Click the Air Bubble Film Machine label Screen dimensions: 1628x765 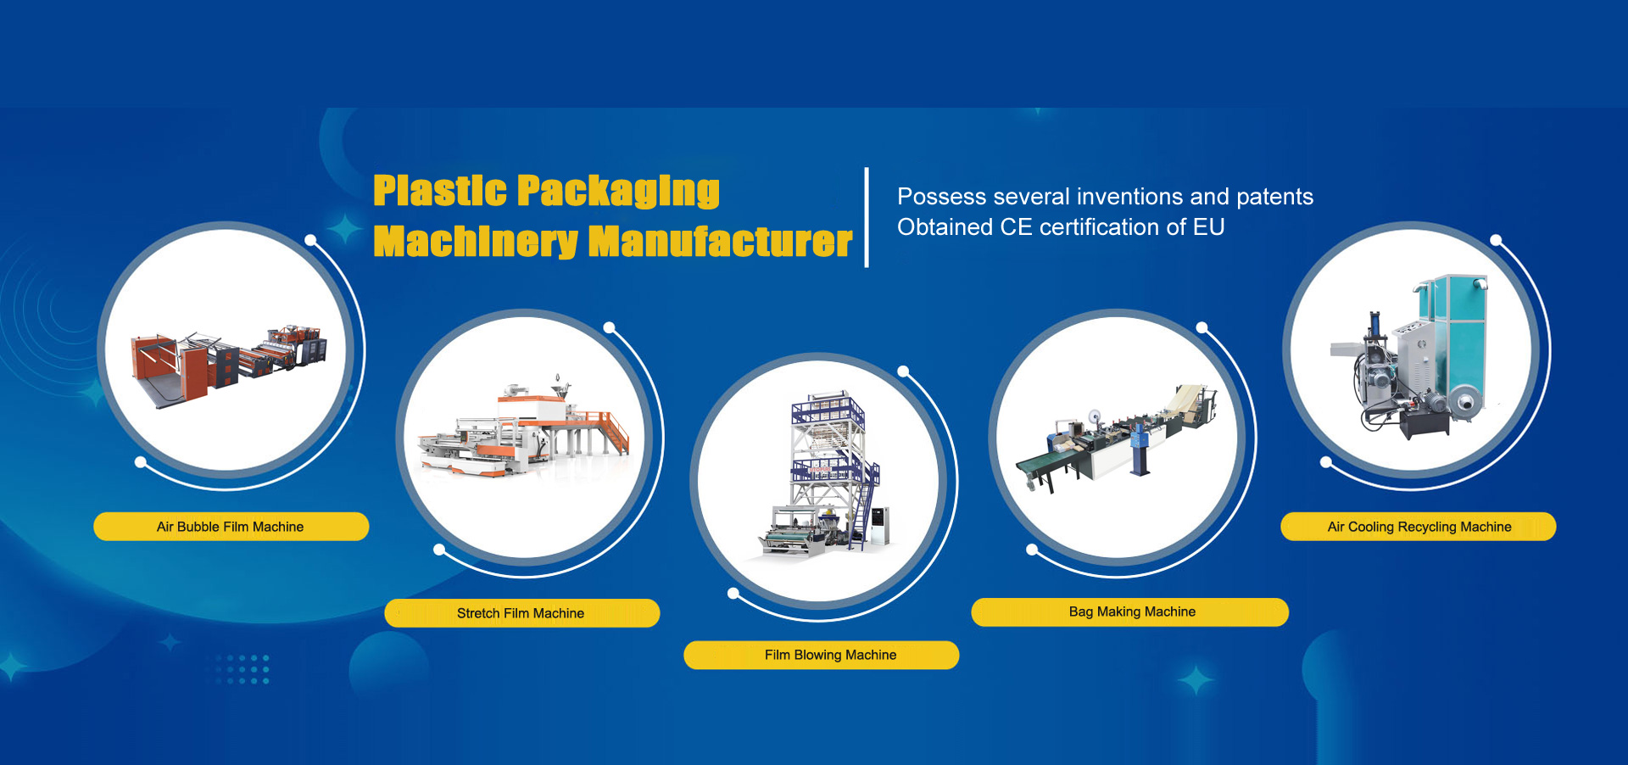pyautogui.click(x=231, y=527)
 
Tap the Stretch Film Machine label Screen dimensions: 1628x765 pyautogui.click(x=521, y=613)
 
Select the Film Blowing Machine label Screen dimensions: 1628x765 pyautogui.click(x=822, y=656)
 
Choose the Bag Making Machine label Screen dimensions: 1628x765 pyautogui.click(x=1129, y=612)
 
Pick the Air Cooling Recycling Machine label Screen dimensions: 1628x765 pyautogui.click(x=1418, y=527)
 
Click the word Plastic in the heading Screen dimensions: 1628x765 pyautogui.click(x=440, y=191)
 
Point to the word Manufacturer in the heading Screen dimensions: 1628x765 pyautogui.click(x=720, y=242)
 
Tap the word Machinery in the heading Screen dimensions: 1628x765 pyautogui.click(x=476, y=243)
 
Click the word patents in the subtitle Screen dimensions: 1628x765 pyautogui.click(x=1274, y=198)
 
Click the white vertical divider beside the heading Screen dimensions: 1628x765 pyautogui.click(x=867, y=217)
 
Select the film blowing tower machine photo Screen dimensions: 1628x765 pyautogui.click(x=824, y=475)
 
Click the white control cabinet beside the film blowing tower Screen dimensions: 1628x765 pyautogui.click(x=880, y=524)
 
